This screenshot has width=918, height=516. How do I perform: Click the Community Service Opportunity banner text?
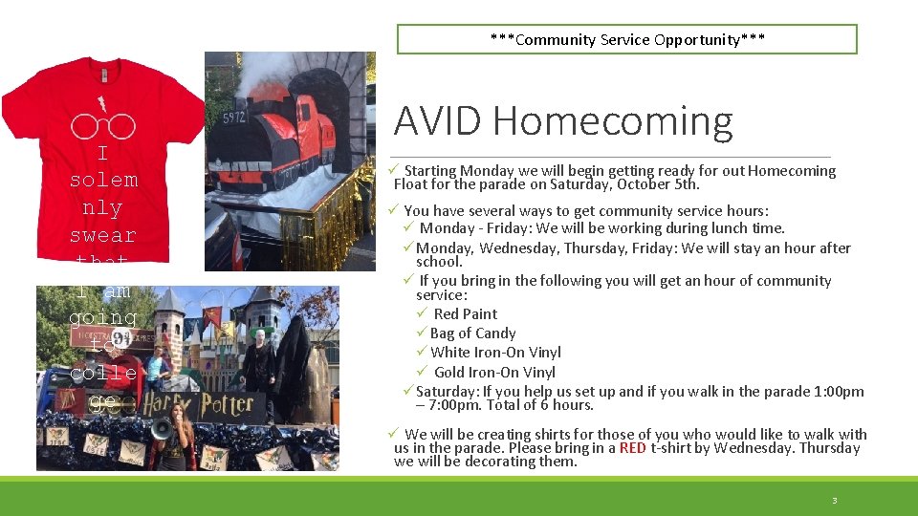(627, 39)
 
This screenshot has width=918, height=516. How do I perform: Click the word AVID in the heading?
(440, 121)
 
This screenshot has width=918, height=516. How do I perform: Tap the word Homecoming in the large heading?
(613, 121)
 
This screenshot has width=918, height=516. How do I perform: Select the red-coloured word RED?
(632, 448)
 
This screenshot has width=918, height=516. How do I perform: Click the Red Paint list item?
(465, 314)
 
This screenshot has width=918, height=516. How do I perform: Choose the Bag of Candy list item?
(472, 333)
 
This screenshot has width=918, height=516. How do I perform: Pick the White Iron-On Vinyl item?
(495, 353)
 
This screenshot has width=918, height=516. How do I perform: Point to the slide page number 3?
(834, 501)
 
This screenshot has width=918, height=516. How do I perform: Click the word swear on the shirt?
(102, 235)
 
